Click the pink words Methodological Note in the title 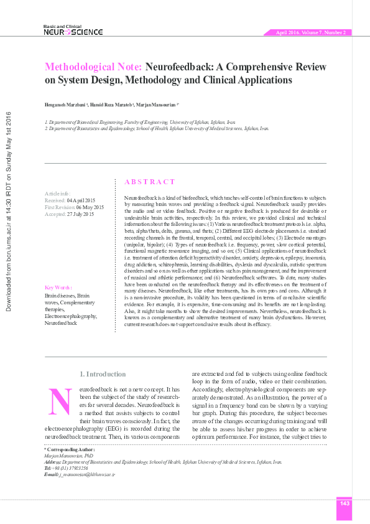coord(93,67)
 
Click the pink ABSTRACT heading coord(150,182)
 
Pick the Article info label coord(57,194)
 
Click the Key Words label coord(58,288)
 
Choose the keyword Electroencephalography coord(71,316)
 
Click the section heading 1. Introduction coord(103,374)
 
